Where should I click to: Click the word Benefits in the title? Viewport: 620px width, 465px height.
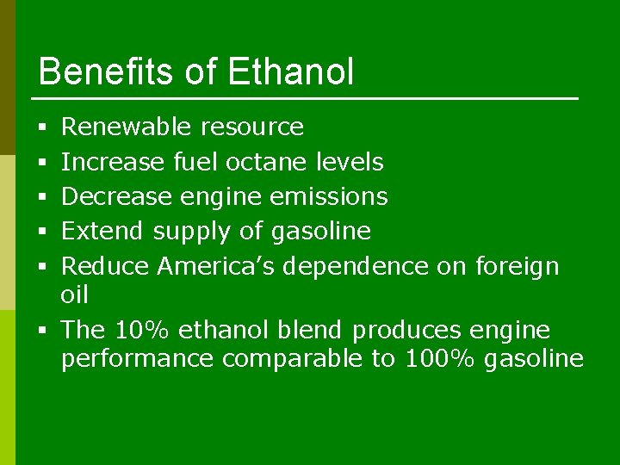coord(108,72)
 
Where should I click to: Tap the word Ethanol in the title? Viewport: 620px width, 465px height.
coord(291,72)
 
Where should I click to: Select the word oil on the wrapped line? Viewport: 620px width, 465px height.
coord(75,295)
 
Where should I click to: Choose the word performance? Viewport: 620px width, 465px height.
coord(137,359)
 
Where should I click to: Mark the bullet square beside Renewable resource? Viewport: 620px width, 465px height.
coord(42,128)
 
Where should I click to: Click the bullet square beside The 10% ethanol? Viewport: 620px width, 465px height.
coord(42,331)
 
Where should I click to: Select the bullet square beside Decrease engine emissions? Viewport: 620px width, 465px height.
coord(42,197)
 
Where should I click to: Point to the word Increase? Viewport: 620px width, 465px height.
coord(113,162)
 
